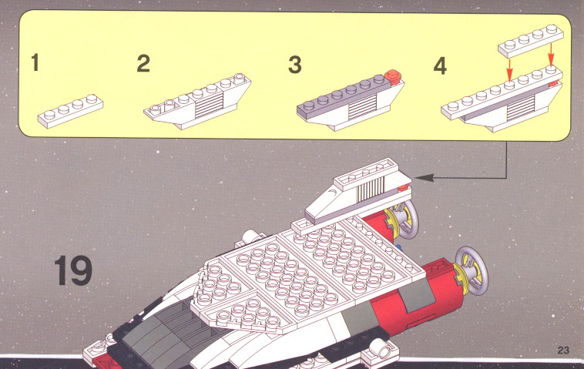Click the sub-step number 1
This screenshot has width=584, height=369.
coord(35,62)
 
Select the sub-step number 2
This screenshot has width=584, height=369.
coord(143,63)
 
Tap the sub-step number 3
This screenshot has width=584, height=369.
coord(294,65)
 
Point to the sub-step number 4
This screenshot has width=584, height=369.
coord(440,66)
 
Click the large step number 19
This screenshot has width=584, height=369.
coord(73,270)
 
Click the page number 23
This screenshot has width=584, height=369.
coord(563,350)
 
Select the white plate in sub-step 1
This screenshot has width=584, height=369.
coord(70,111)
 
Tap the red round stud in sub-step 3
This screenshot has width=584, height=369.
coord(393,76)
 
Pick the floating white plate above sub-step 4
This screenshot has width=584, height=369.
coord(531,41)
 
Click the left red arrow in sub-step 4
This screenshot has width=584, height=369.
coord(510,69)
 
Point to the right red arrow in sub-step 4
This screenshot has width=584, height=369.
coord(551,55)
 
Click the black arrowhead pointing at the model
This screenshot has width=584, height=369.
coord(424,178)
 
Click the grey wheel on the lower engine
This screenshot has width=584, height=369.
coord(472,270)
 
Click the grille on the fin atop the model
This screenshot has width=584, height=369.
coord(371,187)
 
